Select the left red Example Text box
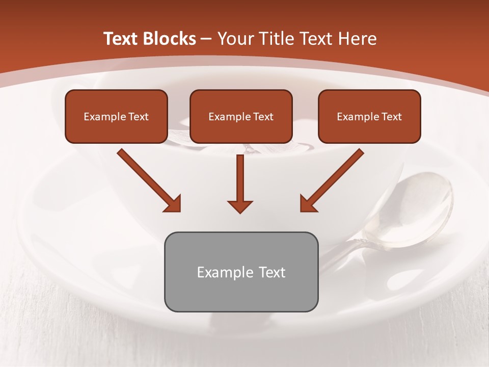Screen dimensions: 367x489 tap(116, 117)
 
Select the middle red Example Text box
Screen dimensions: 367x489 tap(241, 117)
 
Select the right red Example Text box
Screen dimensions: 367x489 tap(369, 117)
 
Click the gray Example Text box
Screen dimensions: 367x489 tap(241, 272)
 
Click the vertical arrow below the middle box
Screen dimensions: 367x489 tap(240, 178)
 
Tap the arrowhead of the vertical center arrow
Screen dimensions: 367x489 tap(240, 206)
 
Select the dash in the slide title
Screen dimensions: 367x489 tap(206, 39)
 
